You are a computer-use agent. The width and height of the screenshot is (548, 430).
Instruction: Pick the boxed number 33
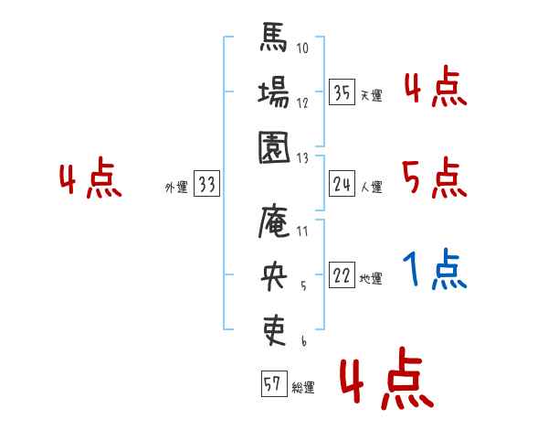tap(206, 185)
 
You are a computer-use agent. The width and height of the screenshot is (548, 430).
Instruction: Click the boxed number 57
tap(273, 384)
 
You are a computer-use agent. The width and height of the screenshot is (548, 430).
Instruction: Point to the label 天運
tap(371, 95)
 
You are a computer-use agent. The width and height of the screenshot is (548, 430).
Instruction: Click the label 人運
tap(371, 188)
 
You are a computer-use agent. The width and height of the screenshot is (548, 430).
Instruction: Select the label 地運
tap(371, 278)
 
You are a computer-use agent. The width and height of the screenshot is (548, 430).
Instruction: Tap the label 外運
tap(175, 188)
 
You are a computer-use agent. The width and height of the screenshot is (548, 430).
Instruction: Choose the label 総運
tap(302, 388)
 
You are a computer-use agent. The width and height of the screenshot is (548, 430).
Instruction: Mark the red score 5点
tap(435, 177)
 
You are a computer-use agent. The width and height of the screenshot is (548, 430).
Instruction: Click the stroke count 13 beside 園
tap(302, 157)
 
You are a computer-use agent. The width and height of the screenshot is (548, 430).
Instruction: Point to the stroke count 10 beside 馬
tap(302, 48)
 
